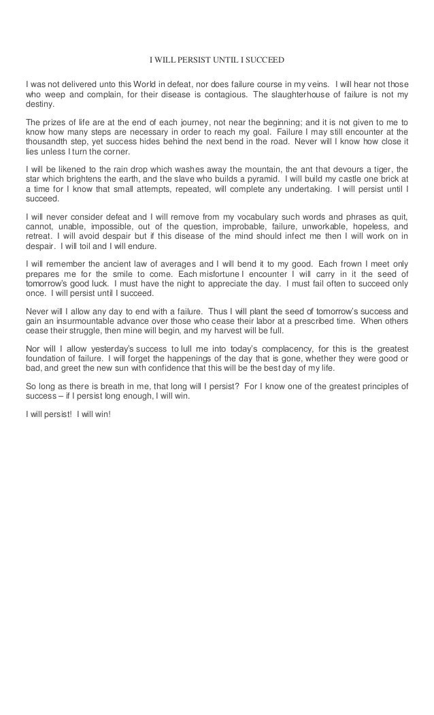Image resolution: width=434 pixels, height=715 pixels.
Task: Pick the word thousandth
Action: click(48, 142)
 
